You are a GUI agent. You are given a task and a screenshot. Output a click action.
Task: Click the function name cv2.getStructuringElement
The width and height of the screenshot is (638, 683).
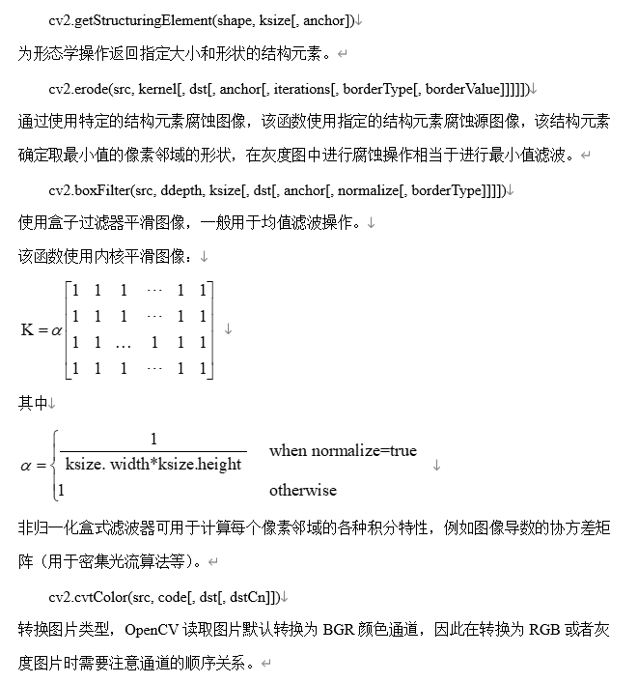125,20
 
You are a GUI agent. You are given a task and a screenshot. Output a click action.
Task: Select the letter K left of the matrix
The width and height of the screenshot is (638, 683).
26,329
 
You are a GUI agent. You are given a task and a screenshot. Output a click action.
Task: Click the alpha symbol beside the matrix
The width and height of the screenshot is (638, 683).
56,330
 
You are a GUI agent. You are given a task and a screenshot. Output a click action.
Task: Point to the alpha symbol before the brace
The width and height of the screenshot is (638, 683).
26,466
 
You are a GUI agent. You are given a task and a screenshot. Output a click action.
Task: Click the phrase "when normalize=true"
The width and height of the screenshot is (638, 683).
343,450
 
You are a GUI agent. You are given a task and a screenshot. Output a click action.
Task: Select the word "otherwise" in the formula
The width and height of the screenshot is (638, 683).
303,490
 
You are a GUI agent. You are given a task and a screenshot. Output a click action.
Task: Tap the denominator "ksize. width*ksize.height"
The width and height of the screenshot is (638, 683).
153,465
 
